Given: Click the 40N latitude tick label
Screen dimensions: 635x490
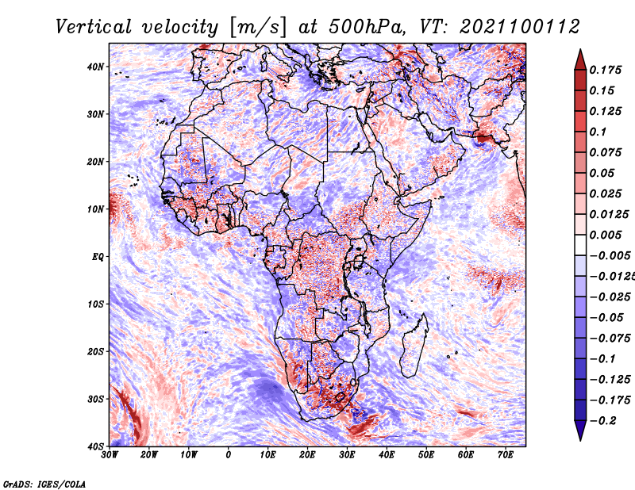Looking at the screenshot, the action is point(95,67).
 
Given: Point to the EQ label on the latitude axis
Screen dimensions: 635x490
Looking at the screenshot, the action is point(98,257).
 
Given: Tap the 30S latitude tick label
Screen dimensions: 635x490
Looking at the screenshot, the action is point(95,400).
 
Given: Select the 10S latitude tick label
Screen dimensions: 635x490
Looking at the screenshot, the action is point(95,304).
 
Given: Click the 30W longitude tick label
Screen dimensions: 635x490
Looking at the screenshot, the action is point(110,455).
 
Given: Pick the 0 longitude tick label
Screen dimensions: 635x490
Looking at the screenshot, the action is point(229,455).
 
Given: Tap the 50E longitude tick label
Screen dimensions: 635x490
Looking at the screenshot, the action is point(426,455).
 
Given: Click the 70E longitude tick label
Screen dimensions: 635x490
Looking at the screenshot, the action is point(505,455).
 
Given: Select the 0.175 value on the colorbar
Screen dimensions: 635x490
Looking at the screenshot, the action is point(605,70).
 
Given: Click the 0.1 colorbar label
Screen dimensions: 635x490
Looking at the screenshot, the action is point(598,132).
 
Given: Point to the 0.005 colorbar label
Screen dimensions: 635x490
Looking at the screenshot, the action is point(605,235).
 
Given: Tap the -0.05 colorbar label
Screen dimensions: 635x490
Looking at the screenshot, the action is point(606,318).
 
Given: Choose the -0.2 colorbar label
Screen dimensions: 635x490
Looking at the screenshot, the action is point(602,421).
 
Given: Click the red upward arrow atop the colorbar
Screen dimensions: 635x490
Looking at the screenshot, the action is point(580,60).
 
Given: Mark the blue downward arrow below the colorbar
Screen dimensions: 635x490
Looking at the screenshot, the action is point(580,431).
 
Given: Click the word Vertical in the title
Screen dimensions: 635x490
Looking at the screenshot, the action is point(94,27).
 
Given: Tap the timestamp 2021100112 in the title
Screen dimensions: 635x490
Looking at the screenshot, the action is point(520,27).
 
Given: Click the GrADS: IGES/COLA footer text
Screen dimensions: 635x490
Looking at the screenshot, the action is point(44,484).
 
